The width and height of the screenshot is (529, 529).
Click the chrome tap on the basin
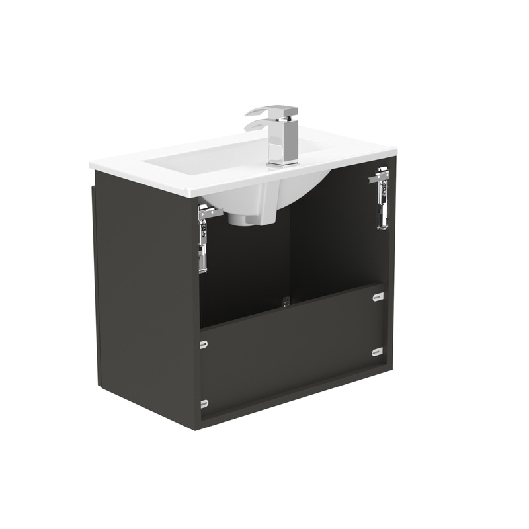pos(283,136)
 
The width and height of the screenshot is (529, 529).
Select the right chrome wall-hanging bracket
pos(382,198)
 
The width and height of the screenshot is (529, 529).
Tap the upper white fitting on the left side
pos(203,344)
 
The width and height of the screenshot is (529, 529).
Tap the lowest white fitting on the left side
pos(203,401)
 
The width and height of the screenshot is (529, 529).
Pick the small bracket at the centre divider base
pos(286,302)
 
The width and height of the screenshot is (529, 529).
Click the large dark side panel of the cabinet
pos(145,298)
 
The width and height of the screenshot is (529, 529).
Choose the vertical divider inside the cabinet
pos(289,251)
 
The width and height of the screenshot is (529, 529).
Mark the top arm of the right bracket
pos(381,176)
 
